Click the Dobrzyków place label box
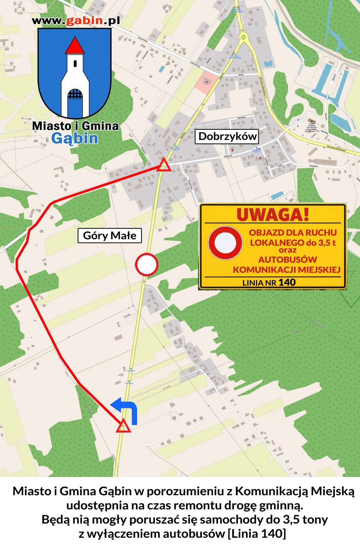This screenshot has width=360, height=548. [x=227, y=136]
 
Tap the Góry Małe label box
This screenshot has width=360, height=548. [x=110, y=236]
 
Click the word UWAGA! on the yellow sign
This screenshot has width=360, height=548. [x=273, y=215]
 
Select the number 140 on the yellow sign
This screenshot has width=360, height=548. [x=287, y=282]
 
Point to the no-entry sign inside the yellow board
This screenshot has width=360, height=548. [x=225, y=243]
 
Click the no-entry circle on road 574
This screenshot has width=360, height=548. [x=147, y=264]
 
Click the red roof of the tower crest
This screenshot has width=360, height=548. [x=75, y=46]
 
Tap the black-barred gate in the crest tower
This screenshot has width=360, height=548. [x=75, y=95]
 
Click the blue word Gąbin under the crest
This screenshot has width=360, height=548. [x=75, y=139]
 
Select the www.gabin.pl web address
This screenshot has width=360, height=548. [x=76, y=21]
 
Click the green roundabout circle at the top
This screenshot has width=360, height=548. [x=243, y=37]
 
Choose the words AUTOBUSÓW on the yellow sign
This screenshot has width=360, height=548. [x=288, y=260]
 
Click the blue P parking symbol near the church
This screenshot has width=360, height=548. [x=298, y=120]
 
